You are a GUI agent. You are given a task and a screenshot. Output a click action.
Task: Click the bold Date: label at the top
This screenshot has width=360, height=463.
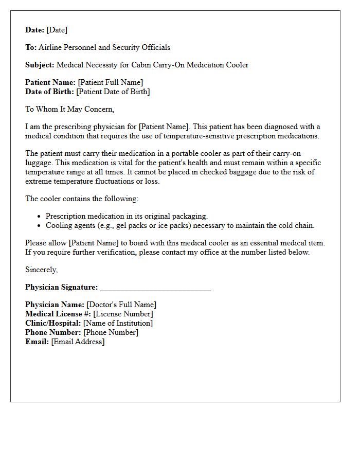pos(34,30)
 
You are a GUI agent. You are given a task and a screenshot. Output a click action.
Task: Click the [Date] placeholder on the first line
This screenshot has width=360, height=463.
pos(57,30)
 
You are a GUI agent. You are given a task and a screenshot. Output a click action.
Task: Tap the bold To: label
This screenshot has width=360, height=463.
pos(31,47)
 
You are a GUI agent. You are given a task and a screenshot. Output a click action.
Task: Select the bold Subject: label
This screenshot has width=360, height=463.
pos(40,65)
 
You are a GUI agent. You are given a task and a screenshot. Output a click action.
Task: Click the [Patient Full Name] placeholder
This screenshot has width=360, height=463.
pos(110,82)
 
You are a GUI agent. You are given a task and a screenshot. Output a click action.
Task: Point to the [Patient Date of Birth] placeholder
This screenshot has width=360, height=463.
pos(113,92)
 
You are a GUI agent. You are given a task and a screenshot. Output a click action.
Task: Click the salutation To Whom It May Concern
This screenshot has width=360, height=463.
pos(69,109)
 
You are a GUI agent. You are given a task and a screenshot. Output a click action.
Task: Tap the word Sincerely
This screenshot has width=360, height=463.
pos(41,270)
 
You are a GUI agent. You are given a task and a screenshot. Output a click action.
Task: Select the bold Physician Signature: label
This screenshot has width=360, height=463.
pos(61,287)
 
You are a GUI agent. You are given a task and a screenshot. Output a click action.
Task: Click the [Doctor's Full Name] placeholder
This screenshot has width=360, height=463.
pos(121,305)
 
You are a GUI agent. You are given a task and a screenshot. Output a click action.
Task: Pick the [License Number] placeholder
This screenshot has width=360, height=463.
pos(123,314)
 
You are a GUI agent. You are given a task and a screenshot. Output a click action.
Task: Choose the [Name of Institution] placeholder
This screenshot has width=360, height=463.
pos(118,323)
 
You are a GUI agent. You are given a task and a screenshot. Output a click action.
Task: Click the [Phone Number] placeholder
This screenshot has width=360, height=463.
pos(111,332)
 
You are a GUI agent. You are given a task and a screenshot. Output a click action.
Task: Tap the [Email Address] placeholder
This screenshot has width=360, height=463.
pos(78,342)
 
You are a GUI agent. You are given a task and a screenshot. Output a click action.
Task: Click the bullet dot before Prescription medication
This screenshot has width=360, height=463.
pos(40,217)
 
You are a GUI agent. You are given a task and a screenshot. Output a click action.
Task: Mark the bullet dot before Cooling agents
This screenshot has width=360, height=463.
pos(40,226)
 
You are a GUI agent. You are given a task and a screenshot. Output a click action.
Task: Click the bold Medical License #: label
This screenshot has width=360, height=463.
pos(58,314)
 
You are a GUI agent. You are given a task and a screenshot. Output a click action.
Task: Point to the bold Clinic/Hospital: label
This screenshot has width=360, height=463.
pos(53,323)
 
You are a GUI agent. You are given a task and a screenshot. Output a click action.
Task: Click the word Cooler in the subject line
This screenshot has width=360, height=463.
pos(237,65)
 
